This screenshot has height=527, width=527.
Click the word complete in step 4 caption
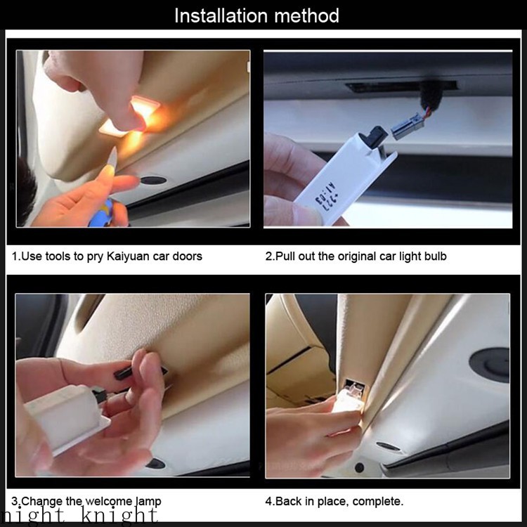click(377, 501)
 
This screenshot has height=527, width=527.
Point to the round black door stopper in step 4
click(490, 364)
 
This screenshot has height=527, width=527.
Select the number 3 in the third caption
click(15, 501)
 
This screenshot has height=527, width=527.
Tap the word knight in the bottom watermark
click(119, 516)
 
